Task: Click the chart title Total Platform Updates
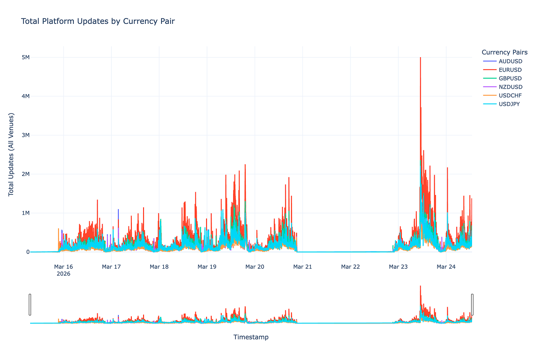click(x=98, y=21)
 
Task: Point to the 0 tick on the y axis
click(x=27, y=252)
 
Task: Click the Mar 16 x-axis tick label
click(x=63, y=267)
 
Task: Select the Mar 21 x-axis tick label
click(x=302, y=267)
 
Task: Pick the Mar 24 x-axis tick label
click(x=446, y=267)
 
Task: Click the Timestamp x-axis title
click(x=251, y=337)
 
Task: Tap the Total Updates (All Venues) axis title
click(x=11, y=154)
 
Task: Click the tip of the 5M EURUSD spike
click(x=420, y=58)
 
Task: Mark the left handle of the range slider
click(x=30, y=305)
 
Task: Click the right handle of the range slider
click(x=472, y=305)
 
